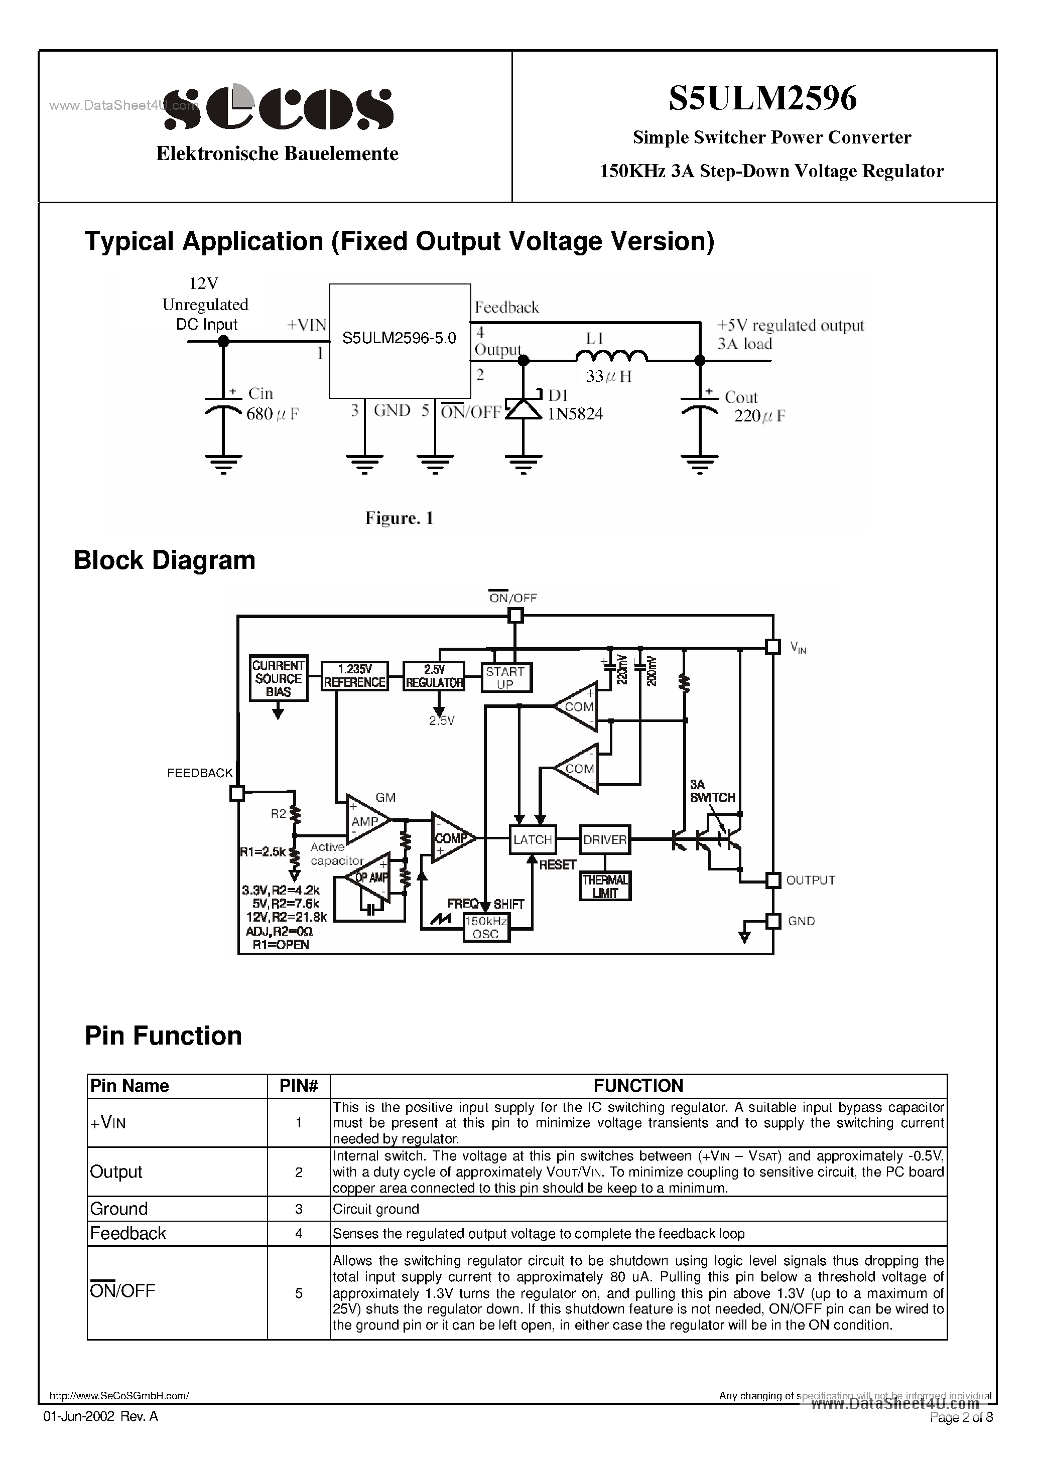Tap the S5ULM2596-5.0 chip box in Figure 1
coord(400,341)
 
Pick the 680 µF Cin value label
coord(273,414)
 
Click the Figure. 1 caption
coord(399,518)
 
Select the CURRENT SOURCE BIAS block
coord(278,678)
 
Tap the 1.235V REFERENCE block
coord(355,676)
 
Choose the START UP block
coord(505,678)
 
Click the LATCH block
coord(533,839)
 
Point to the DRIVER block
coord(604,839)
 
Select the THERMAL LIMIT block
coord(605,886)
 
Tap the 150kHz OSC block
coord(486,928)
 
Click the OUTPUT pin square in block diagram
coord(773,881)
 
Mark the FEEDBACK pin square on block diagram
coord(236,793)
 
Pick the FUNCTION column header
coord(638,1086)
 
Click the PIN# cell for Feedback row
coord(299,1233)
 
